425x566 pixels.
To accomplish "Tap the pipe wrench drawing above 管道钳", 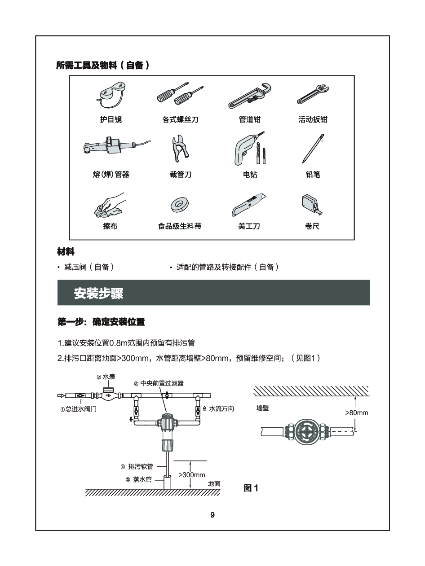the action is point(250,96).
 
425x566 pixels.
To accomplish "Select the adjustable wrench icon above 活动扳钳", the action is point(313,94).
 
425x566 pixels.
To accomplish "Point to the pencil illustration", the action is point(313,149).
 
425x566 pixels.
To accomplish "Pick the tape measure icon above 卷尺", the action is point(312,205).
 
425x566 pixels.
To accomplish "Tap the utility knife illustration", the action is point(249,205).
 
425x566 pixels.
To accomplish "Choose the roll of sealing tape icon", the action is point(179,205).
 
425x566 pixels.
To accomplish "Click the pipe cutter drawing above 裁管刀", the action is point(180,149).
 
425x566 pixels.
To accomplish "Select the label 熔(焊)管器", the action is point(111,175).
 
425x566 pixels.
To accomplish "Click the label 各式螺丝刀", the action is point(180,119).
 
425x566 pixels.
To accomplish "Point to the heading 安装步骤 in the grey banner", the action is point(98,293).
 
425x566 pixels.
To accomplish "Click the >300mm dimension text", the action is point(192,475).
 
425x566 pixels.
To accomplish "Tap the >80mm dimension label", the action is point(357,412).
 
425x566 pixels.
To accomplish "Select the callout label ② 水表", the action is point(106,377).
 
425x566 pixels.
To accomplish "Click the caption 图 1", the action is point(251,488).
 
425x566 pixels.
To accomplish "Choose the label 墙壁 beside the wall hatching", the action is point(262,408).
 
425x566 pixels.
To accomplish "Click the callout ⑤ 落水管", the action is point(138,479).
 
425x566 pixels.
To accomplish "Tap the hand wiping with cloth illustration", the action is point(110,205).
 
